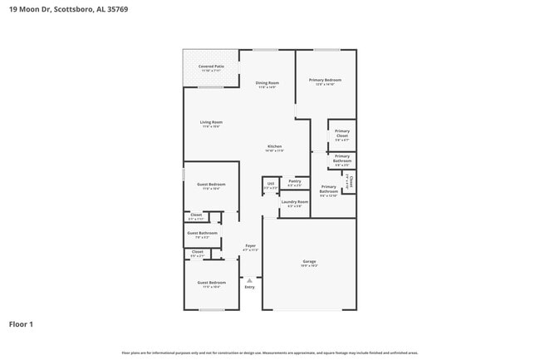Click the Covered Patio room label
coord(210,67)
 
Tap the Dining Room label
coord(267,83)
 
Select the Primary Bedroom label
coord(326,81)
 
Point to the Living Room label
coord(211,123)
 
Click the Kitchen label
coord(274,147)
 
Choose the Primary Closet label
coord(341,133)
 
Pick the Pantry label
coord(294,180)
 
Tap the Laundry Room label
coord(294,201)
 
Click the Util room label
coord(270,184)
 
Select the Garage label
coord(308,262)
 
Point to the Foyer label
coord(250,245)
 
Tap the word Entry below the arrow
coord(249,287)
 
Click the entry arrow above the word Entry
coord(249,278)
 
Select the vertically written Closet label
coord(351,180)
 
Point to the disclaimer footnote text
coord(270,352)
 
